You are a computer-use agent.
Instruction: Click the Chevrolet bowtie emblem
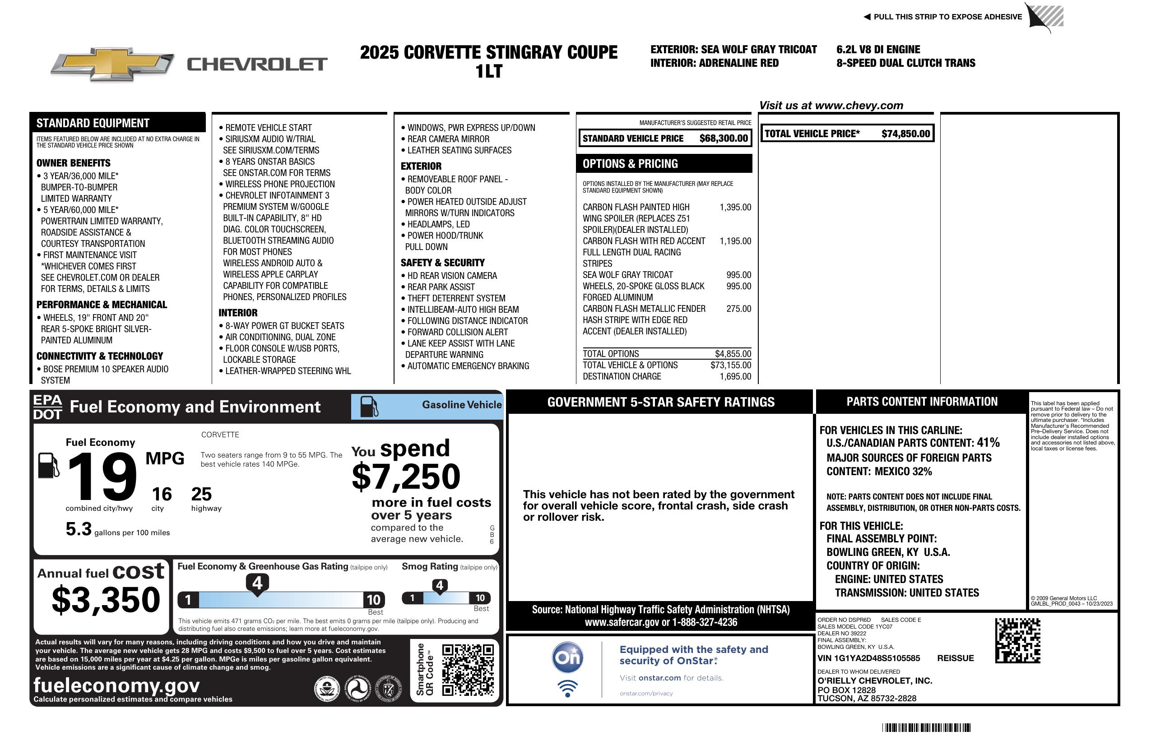[112, 64]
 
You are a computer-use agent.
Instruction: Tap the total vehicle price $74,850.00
[905, 134]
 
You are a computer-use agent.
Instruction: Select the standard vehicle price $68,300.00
[724, 139]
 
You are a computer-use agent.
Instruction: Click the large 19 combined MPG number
[102, 477]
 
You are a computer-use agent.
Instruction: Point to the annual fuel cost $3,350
[106, 600]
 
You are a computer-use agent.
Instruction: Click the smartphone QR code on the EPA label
[468, 670]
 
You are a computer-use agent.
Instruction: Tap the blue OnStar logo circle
[567, 657]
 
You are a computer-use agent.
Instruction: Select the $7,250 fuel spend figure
[406, 477]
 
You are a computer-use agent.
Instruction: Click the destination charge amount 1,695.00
[736, 377]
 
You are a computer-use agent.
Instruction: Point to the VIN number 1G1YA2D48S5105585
[868, 658]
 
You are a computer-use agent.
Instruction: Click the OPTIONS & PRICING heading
[630, 164]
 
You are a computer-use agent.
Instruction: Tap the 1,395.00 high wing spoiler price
[735, 208]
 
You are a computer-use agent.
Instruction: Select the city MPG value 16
[162, 494]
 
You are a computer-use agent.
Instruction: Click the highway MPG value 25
[201, 494]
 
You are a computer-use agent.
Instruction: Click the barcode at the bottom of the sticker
[926, 727]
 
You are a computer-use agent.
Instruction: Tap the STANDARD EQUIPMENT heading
[93, 123]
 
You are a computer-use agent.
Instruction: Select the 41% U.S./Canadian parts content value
[988, 442]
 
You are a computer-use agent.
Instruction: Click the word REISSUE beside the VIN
[955, 658]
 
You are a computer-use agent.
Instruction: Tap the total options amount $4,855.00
[733, 354]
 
